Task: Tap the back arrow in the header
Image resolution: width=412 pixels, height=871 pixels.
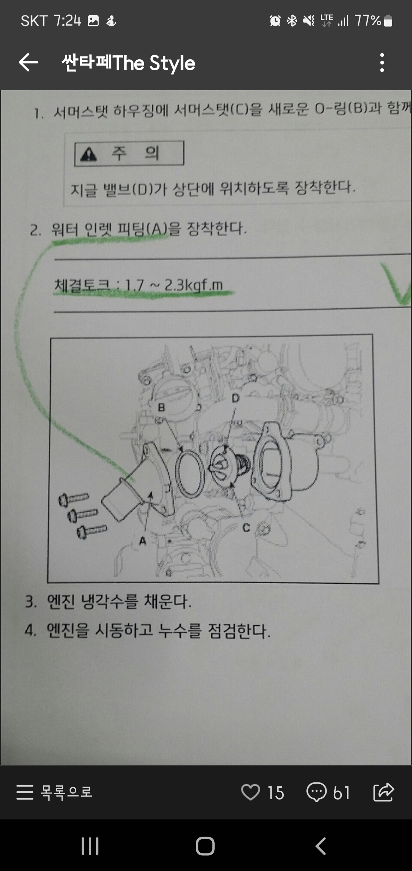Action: [x=29, y=63]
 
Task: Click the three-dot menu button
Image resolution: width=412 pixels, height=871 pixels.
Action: [x=382, y=63]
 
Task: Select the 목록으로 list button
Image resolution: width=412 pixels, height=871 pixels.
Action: [x=55, y=792]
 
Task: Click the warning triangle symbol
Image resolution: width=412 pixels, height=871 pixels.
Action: [x=89, y=154]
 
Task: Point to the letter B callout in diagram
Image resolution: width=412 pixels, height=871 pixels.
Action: [x=161, y=408]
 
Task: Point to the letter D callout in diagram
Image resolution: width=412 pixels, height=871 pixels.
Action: [x=235, y=398]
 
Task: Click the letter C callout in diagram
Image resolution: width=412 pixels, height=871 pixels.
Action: [x=246, y=528]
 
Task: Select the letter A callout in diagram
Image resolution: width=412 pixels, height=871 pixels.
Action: [x=143, y=541]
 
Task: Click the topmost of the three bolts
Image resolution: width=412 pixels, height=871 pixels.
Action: [x=74, y=499]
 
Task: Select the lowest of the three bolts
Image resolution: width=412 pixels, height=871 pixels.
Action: [x=92, y=531]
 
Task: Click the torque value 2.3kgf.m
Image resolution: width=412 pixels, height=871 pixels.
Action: [x=193, y=285]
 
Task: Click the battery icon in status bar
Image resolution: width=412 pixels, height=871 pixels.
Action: [x=388, y=21]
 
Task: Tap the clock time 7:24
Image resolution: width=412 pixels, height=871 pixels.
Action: [x=67, y=21]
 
